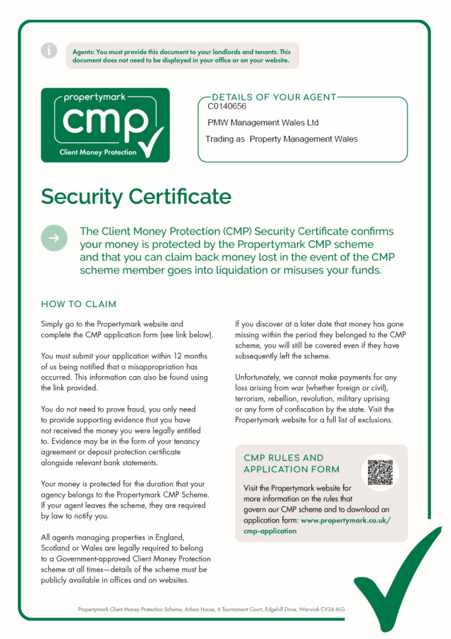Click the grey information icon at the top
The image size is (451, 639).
coord(49,51)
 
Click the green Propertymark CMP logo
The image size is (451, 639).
coord(105,124)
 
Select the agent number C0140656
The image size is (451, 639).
coord(227,107)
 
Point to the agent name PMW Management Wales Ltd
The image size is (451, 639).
coord(263,123)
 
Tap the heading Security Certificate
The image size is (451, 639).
coord(136,197)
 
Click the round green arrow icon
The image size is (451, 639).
coord(54,238)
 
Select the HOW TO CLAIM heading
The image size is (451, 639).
coord(79,305)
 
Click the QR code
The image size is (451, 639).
coord(380,472)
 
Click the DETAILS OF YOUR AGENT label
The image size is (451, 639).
coord(274,97)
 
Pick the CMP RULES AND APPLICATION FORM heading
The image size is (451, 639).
coord(291,464)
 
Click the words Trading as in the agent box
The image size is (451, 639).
coord(225,139)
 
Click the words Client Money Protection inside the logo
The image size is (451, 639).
coord(98,152)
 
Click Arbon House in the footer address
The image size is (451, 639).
coord(201,608)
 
